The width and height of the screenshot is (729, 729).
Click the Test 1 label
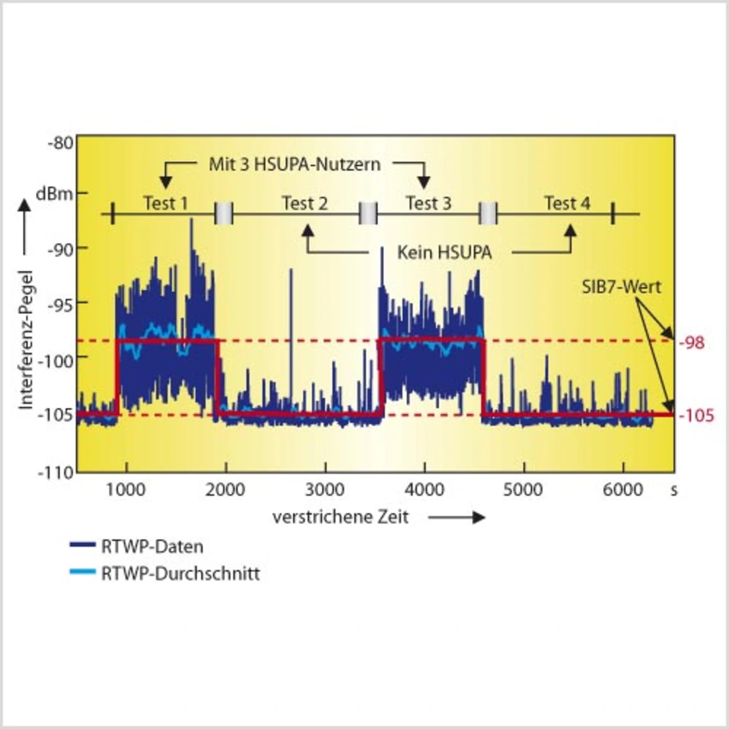coord(165,203)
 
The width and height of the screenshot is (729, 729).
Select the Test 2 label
coord(305,203)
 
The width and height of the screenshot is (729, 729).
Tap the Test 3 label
coord(428,203)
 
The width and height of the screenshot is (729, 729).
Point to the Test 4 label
coord(567,203)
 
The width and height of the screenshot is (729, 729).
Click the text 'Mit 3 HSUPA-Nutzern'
coord(294,165)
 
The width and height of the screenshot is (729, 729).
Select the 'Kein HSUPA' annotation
coord(444,252)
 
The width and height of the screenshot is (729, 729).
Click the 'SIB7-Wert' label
coord(621,286)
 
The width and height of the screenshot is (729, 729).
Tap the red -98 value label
coord(692,343)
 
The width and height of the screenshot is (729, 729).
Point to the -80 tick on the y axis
coord(60,142)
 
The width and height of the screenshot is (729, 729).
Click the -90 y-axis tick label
coord(60,249)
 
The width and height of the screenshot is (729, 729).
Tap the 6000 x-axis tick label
coord(622,490)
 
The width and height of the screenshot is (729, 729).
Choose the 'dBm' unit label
coord(55,194)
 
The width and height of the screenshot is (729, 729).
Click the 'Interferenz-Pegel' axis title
coord(26,339)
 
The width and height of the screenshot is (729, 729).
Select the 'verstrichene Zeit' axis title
coord(341,517)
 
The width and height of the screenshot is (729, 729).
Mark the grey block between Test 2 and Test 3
coord(368,214)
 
